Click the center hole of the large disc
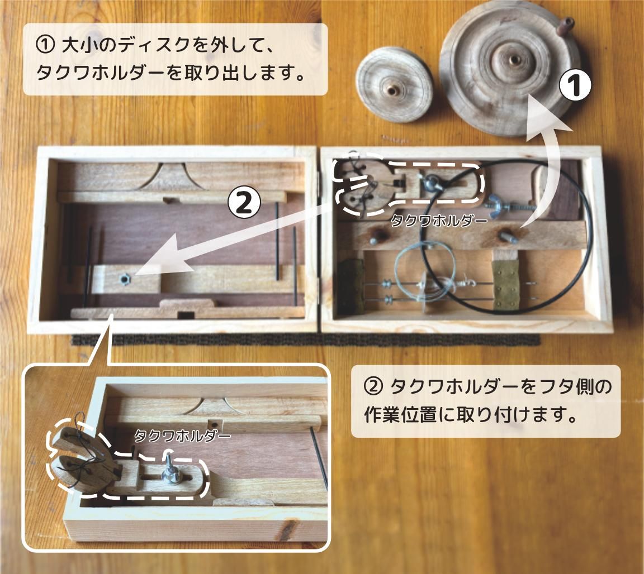point(510,58)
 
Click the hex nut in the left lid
point(125,277)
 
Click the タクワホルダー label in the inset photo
point(183,436)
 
